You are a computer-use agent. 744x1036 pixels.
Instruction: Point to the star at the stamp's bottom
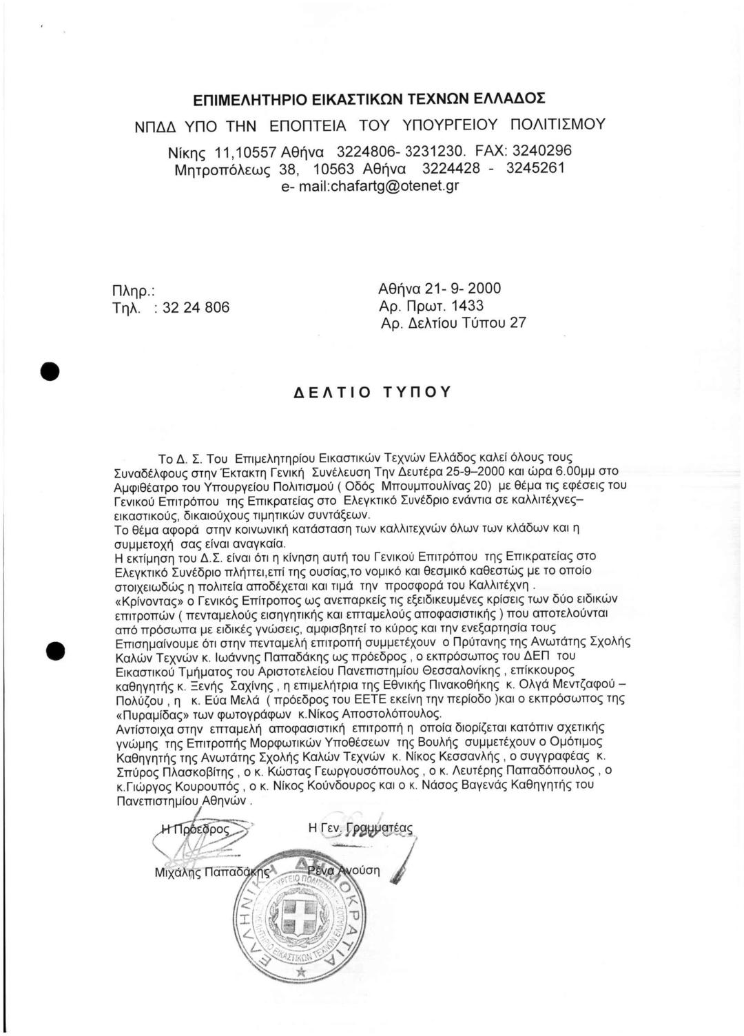coord(300,971)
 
